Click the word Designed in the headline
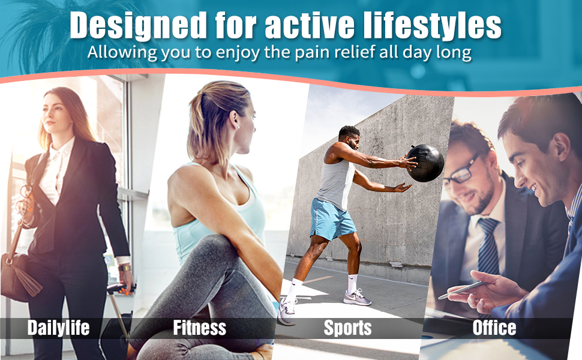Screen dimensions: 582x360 point(138,26)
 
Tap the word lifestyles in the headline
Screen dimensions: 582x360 point(433,26)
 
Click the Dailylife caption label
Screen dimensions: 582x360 point(58,328)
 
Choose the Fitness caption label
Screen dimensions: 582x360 point(200,328)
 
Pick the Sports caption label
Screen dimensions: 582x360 point(347,328)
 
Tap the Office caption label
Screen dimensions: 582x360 point(494,328)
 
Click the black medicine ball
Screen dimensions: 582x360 point(425,163)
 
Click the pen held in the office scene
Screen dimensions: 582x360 point(461,290)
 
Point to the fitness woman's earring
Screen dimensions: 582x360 point(238,127)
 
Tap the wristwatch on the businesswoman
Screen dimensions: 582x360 point(125,268)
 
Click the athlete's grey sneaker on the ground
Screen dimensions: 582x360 point(356,298)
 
